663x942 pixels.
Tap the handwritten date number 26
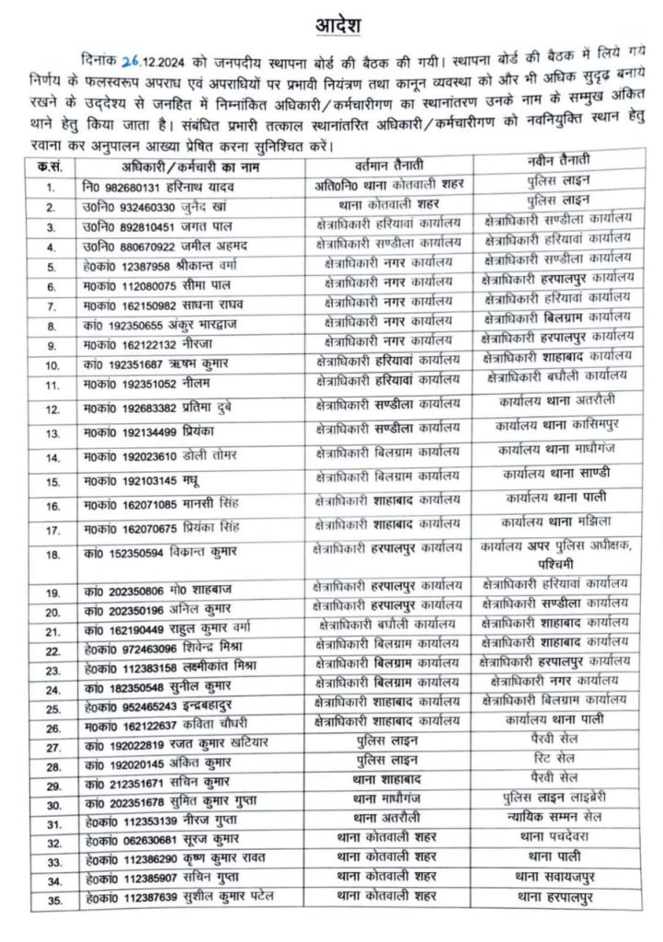tap(131, 63)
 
